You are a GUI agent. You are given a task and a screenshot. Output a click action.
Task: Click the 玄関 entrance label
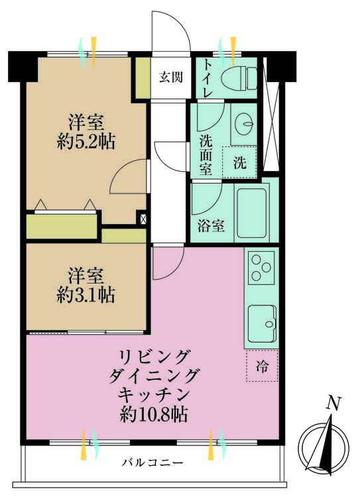171,77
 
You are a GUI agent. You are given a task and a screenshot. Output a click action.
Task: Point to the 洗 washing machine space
239,162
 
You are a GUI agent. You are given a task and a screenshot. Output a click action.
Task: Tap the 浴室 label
211,226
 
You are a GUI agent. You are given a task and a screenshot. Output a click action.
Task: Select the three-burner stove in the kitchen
261,268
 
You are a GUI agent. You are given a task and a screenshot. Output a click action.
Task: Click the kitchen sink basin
262,323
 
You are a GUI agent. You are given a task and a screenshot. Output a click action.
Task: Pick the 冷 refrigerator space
263,366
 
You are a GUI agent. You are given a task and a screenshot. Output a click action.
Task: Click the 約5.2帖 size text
86,142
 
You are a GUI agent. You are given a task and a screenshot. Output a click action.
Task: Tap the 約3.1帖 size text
86,295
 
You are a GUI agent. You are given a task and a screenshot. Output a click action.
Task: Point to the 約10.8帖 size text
154,414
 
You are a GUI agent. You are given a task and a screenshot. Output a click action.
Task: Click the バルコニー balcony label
153,463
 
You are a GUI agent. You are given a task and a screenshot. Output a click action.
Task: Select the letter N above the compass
333,403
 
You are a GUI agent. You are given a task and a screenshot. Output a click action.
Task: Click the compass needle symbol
323,446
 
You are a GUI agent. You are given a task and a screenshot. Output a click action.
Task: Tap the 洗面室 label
206,154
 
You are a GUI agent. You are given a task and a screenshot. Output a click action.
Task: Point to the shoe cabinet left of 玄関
143,78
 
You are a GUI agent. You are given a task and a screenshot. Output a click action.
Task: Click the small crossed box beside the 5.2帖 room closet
143,219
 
